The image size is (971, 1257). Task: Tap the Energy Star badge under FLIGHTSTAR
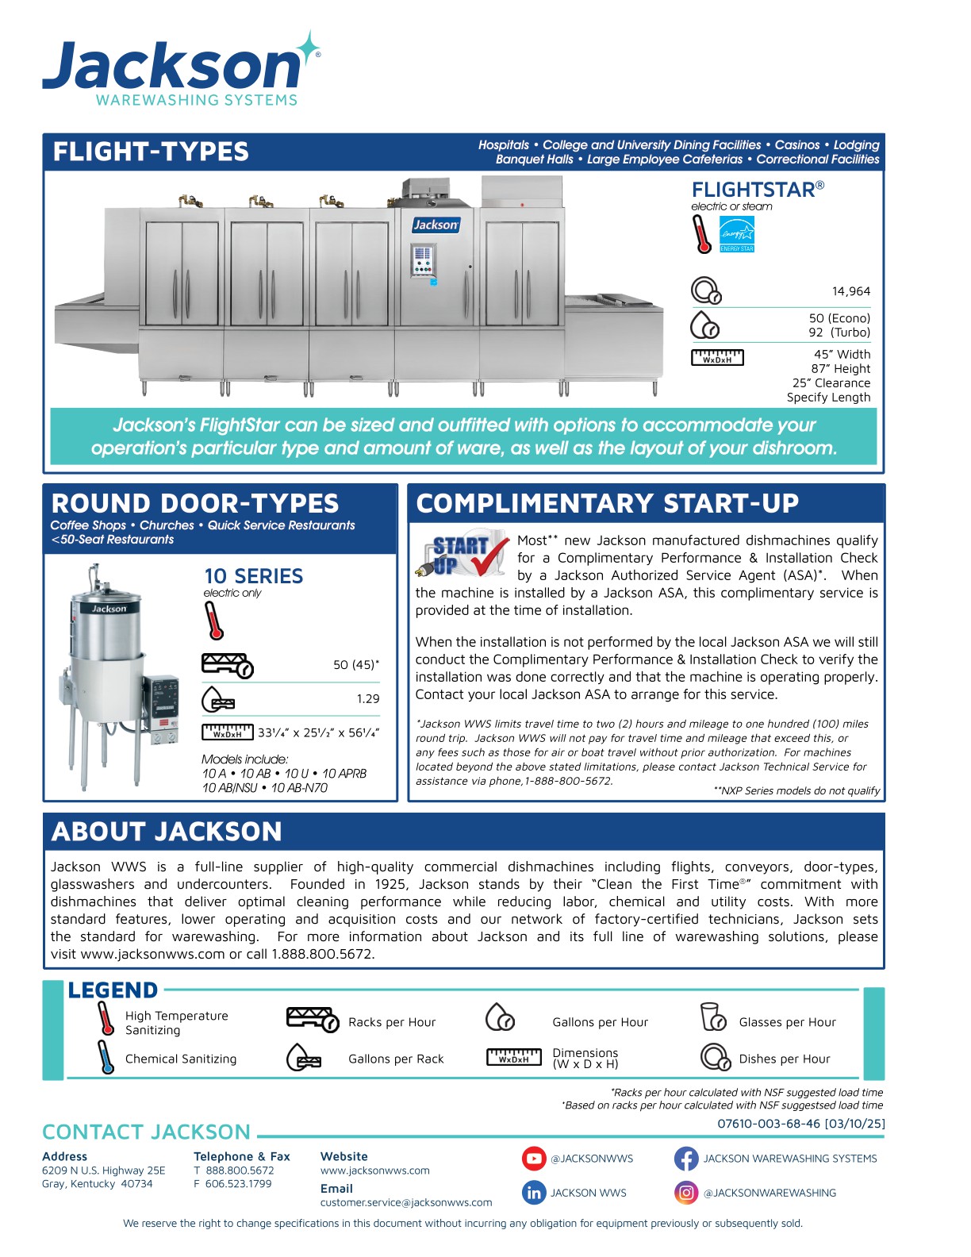point(736,236)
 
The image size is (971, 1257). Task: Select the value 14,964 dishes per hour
point(851,291)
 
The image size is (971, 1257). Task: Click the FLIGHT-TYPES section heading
point(151,152)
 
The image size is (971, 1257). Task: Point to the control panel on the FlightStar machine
point(423,261)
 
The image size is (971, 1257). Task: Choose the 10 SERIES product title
point(253,576)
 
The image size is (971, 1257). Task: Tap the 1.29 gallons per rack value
point(367,698)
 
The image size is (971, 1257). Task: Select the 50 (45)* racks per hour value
point(355,664)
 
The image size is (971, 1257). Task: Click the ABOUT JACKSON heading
point(167,832)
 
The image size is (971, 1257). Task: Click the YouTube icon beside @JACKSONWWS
point(534,1159)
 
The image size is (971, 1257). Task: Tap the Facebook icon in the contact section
point(685,1159)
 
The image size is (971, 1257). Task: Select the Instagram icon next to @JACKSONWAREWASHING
point(685,1192)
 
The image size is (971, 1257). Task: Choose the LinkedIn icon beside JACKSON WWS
point(534,1192)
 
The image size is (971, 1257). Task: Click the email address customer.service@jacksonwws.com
point(405,1202)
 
